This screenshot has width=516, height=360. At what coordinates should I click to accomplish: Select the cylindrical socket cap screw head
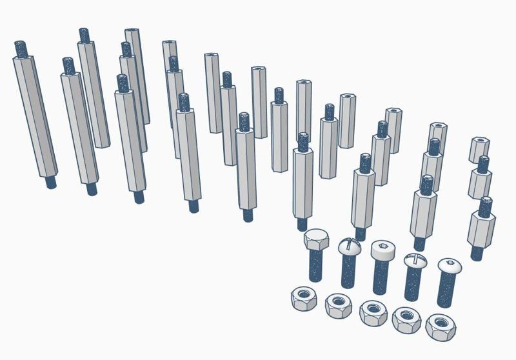(382, 250)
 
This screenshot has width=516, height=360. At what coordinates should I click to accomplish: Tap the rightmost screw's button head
(450, 266)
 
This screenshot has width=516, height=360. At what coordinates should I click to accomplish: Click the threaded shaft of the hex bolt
(315, 265)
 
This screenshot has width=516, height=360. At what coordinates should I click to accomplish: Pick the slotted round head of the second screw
(349, 246)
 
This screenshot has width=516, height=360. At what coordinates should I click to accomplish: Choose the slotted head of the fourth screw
(415, 261)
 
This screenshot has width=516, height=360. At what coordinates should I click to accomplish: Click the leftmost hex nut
(303, 299)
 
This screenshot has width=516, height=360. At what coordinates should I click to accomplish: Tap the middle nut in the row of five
(373, 310)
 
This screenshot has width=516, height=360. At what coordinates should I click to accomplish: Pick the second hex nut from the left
(338, 305)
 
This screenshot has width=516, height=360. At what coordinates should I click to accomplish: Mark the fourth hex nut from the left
(406, 318)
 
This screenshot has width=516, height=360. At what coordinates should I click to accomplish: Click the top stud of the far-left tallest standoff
(20, 48)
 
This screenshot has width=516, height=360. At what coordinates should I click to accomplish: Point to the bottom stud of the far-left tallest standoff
(50, 182)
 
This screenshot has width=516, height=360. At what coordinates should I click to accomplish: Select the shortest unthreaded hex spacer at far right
(479, 150)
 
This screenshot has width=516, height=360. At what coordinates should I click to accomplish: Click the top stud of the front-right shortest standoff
(485, 206)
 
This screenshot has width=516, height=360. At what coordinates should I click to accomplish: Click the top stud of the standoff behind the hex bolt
(303, 141)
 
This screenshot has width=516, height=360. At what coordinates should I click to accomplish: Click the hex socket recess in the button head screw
(449, 264)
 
